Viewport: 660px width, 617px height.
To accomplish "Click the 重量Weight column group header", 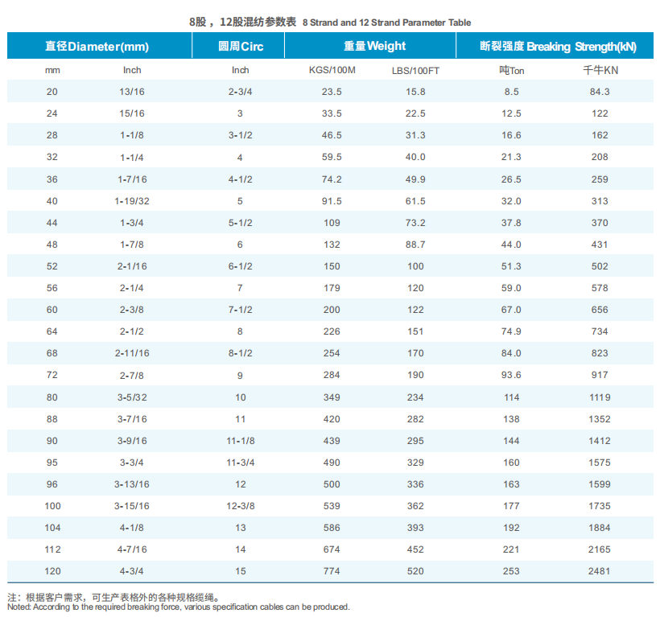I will coord(374,46).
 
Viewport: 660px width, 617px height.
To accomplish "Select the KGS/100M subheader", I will coord(332,70).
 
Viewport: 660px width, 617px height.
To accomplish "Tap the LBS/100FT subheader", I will coord(415,70).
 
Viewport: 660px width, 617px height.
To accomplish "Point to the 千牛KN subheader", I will coord(600,70).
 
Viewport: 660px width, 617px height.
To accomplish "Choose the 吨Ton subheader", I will coord(511,70).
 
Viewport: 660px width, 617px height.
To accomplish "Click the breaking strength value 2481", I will coord(600,571).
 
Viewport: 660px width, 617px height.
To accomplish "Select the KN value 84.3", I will coord(600,92).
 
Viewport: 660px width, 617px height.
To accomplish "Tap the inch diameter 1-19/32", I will coord(132,200).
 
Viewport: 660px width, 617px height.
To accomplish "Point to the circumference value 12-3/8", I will coord(241,506).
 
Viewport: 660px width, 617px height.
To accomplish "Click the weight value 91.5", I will coord(332,200).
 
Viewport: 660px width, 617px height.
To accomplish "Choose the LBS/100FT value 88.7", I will coord(415,244).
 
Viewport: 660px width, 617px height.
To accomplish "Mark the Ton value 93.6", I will coord(511,375).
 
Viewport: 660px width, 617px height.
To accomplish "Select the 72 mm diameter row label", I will coord(52,375).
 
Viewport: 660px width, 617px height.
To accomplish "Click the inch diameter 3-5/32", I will coord(132,397).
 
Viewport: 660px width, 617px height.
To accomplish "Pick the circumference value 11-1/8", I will coord(241,441).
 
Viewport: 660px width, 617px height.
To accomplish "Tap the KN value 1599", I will coord(600,484).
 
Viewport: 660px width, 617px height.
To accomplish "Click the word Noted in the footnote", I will coord(18,607).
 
